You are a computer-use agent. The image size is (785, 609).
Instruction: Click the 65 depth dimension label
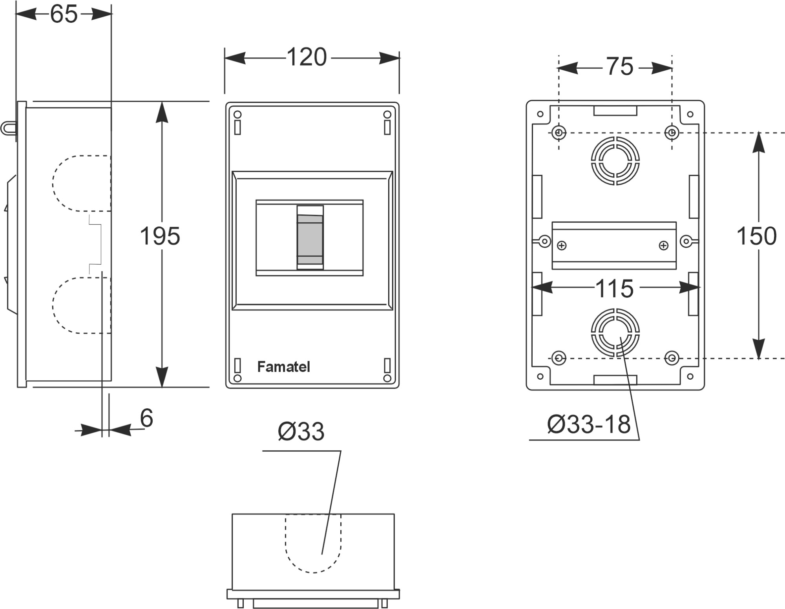coord(64,15)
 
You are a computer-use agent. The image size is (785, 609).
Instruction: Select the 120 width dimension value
coord(307,57)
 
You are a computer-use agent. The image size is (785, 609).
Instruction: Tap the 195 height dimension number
coord(160,236)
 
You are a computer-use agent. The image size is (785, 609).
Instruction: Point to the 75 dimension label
coord(620,66)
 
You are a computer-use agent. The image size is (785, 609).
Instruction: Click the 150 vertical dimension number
coord(756,236)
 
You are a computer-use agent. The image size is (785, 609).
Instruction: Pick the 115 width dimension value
coord(614,289)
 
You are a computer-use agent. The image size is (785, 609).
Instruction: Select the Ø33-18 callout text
coord(589,424)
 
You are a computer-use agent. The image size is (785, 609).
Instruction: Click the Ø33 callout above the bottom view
coord(301,432)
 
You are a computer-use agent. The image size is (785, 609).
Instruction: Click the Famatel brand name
coord(283,367)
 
